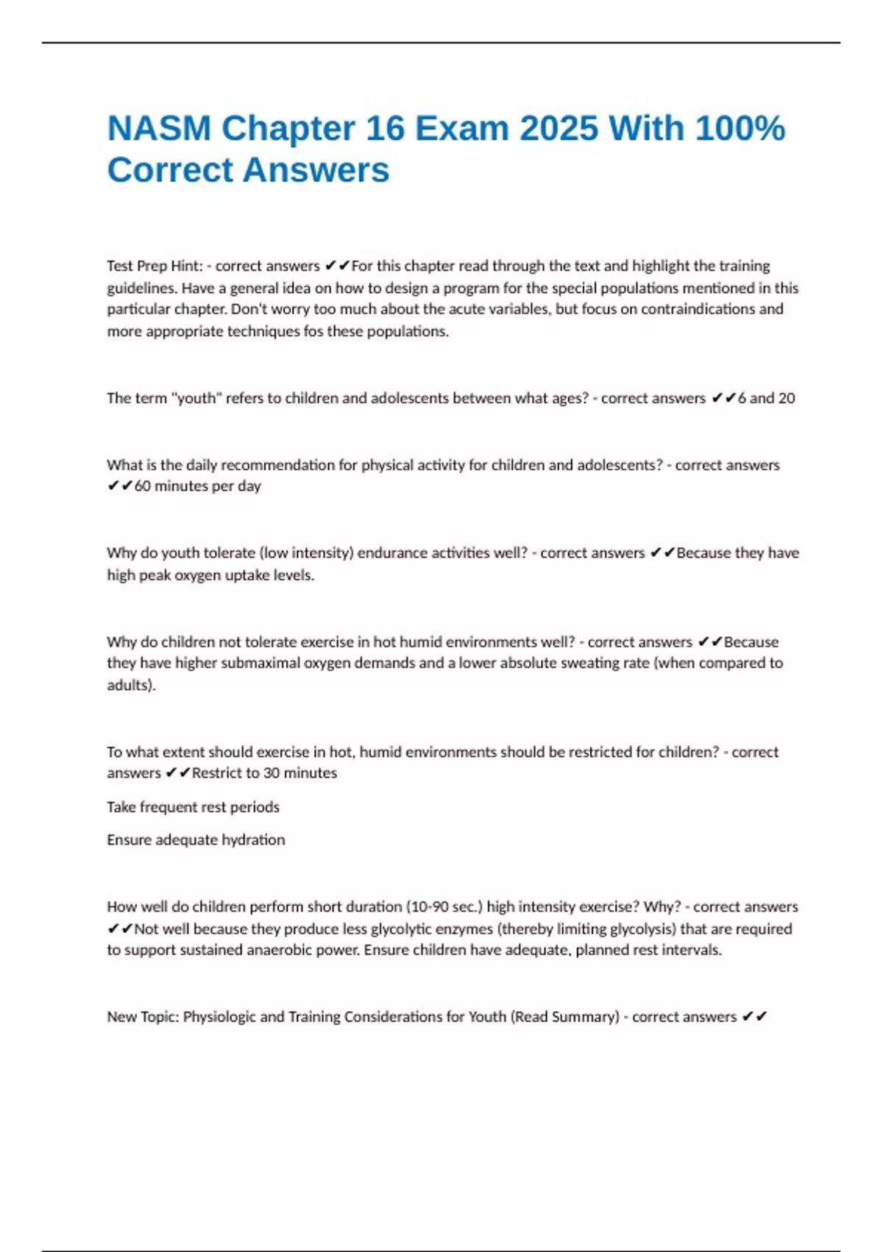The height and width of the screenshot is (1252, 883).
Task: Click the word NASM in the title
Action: click(159, 128)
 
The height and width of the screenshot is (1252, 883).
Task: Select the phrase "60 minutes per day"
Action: click(197, 486)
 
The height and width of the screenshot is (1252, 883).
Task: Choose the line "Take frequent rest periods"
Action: click(193, 807)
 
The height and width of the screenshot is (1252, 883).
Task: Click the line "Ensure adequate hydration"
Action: click(196, 840)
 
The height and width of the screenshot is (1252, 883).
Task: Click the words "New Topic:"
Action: click(143, 1017)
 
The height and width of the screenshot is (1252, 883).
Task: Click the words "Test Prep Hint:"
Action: click(155, 266)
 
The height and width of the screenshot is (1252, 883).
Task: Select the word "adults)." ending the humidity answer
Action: click(131, 685)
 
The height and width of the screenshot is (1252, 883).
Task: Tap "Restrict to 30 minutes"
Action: click(264, 773)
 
